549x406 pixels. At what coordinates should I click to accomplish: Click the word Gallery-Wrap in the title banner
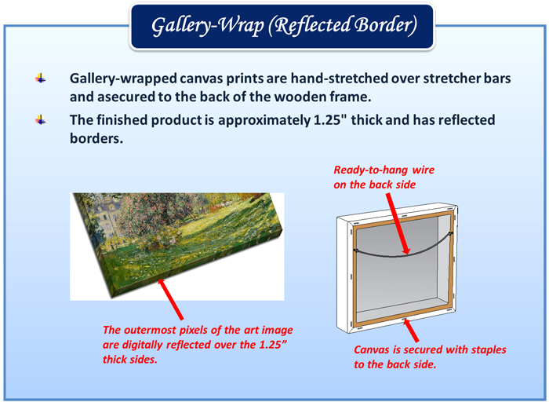coord(208,26)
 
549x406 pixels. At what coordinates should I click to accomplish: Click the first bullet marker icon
coord(41,79)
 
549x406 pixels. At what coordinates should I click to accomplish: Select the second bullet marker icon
coord(41,120)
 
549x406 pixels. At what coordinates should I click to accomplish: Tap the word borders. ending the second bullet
coord(96,138)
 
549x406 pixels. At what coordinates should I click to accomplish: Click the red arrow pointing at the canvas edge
coord(170,298)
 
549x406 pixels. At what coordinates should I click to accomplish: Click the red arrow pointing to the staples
coord(410,330)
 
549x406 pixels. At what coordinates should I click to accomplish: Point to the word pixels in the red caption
coord(195,331)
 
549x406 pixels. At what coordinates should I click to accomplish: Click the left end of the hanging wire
coord(356,250)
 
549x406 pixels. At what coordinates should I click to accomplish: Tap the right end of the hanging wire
coord(451,232)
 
